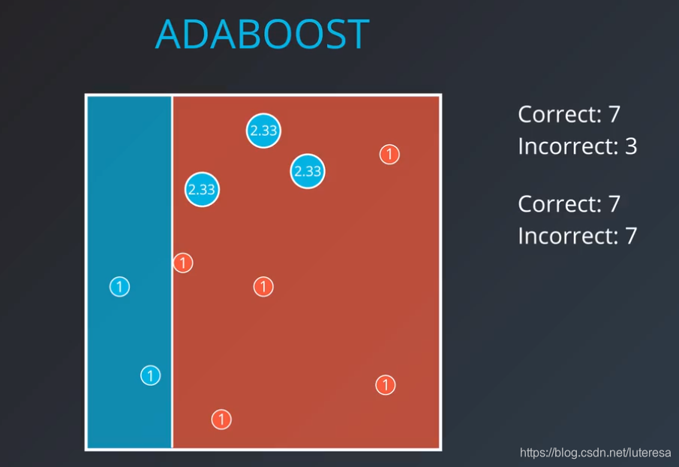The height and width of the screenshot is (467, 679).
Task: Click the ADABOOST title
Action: [263, 35]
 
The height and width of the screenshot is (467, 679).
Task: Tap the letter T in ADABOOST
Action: [357, 35]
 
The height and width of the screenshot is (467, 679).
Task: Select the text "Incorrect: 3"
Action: [577, 146]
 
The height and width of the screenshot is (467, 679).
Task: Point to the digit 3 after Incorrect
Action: [631, 146]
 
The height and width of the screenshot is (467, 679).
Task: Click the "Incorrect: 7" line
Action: [577, 236]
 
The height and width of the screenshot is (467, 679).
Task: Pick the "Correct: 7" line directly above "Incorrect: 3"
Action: [569, 114]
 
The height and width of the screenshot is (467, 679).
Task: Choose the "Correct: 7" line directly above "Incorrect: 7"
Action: [569, 204]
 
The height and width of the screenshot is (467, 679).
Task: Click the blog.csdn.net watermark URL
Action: [596, 453]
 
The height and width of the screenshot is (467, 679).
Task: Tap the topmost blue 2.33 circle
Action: [263, 131]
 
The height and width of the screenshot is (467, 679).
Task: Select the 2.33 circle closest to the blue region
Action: [202, 189]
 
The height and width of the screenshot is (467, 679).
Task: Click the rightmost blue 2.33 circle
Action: [308, 171]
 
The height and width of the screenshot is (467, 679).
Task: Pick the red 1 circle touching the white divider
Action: [183, 263]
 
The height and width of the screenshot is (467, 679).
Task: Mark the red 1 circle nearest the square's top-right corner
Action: [389, 154]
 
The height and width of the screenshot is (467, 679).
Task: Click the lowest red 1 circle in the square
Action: [221, 420]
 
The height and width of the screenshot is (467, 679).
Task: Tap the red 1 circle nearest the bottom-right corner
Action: [386, 384]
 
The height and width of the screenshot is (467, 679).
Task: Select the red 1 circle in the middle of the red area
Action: [263, 287]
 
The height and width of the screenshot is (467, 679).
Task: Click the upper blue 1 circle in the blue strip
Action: [119, 287]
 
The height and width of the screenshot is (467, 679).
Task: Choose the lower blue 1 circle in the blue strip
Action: [151, 375]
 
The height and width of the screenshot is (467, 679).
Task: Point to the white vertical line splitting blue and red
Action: [172, 272]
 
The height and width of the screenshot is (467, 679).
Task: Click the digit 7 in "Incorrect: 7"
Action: [631, 236]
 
